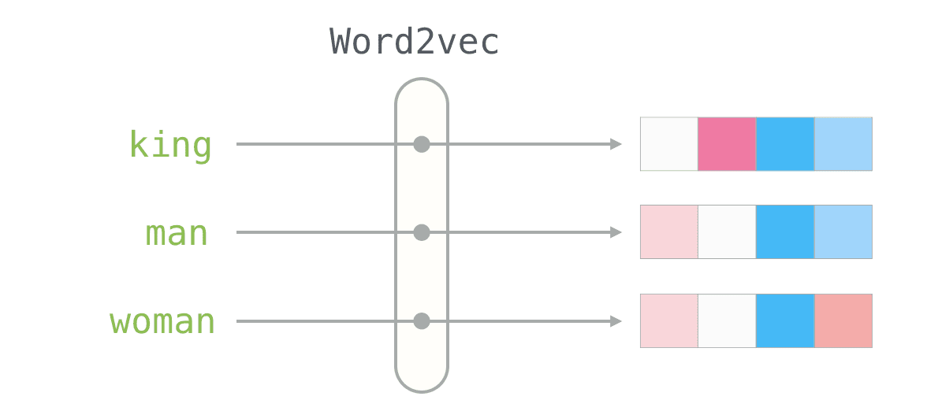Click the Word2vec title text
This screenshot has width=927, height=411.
[415, 41]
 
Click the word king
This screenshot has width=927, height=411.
[170, 145]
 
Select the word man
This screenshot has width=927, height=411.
[177, 233]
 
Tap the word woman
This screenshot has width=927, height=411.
[162, 321]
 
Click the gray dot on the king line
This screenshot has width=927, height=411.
[422, 144]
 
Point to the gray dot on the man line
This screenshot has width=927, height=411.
[422, 232]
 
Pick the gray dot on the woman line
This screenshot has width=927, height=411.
[422, 321]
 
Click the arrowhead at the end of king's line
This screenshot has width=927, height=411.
[616, 144]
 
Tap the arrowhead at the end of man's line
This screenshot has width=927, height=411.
[616, 232]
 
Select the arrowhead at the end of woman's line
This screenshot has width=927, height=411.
[616, 321]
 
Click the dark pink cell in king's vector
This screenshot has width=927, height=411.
[727, 144]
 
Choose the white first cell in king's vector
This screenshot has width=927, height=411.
[669, 144]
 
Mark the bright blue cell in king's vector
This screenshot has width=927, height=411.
[785, 144]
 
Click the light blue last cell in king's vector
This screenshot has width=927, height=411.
[843, 144]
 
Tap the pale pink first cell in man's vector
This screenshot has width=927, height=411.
[669, 232]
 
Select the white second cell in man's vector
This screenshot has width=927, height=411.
[727, 232]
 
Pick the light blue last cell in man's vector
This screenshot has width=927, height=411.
[843, 232]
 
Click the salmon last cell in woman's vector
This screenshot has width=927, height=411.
[843, 321]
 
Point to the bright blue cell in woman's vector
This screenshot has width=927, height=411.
[785, 321]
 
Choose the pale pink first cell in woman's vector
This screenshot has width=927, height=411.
[669, 321]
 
